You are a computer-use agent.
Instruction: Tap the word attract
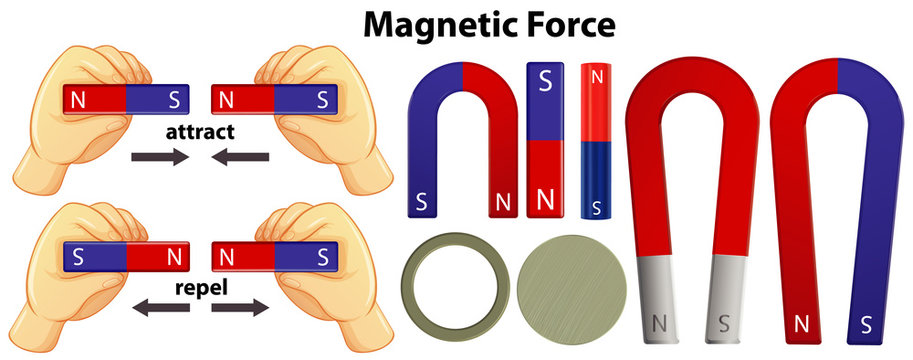tap(201, 131)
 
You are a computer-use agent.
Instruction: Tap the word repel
tap(200, 286)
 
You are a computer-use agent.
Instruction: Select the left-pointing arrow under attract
tap(240, 156)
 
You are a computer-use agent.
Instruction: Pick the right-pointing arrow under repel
tap(241, 309)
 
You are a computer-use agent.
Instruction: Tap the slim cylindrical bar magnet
tap(597, 140)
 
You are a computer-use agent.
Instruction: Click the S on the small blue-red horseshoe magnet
tap(421, 202)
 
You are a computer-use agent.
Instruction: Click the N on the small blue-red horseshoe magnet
tap(503, 203)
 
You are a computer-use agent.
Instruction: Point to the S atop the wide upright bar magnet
tap(545, 83)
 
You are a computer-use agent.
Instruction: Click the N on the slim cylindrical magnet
tap(597, 77)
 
